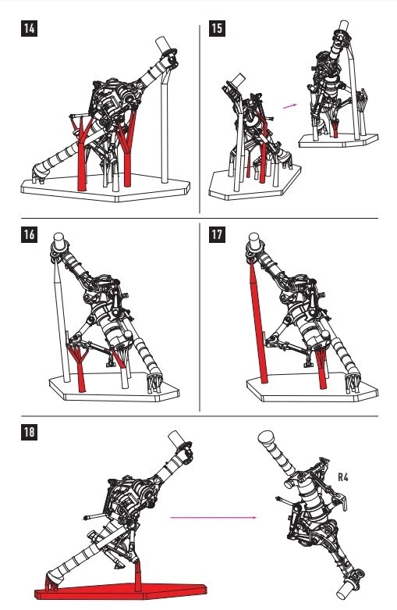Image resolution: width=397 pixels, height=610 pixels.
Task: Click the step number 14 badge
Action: coord(29,28)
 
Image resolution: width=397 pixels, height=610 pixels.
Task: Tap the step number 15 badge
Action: coord(217,28)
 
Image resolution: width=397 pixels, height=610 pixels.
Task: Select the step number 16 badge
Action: coord(29,234)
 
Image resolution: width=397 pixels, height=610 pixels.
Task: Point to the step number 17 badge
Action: coord(217,234)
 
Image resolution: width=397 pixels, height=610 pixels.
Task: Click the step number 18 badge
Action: coord(29,432)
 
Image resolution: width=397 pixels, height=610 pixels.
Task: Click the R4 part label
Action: coord(343,477)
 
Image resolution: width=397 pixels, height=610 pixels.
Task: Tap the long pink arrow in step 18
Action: coord(213,517)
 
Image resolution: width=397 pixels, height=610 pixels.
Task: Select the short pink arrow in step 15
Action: coord(290,105)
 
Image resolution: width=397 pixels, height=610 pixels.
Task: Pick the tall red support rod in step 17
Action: coord(257,321)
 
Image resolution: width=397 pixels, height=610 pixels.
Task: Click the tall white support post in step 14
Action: coord(165,128)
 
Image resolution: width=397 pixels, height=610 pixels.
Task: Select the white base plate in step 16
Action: coord(114,388)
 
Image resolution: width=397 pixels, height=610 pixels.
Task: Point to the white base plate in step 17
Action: coord(312,388)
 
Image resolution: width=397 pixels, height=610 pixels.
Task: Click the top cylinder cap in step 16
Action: coord(58,241)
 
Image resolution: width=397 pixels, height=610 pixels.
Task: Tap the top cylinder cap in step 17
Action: coord(254,241)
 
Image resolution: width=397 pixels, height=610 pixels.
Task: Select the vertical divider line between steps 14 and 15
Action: coord(200,119)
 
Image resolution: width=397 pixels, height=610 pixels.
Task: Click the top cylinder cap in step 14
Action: coord(164,45)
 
